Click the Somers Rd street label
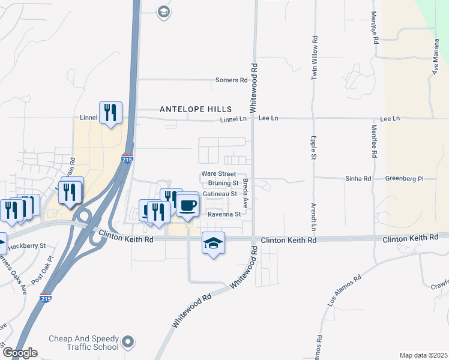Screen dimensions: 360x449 pos(232,80)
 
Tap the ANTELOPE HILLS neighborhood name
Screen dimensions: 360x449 pos(196,109)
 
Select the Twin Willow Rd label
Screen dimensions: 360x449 pos(314,58)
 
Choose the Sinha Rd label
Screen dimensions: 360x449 pos(358,178)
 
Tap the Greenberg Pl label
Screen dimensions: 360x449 pos(405,178)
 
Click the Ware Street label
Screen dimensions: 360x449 pos(218,173)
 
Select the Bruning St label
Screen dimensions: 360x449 pos(223,183)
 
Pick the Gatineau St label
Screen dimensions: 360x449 pos(220,194)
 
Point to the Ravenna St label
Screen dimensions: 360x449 pos(224,214)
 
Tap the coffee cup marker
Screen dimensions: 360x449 pos(187,205)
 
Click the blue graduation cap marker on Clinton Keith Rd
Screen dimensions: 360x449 pos(213,243)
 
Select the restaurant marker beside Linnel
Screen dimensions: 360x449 pos(110,112)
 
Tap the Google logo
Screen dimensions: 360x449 pos(19,353)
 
